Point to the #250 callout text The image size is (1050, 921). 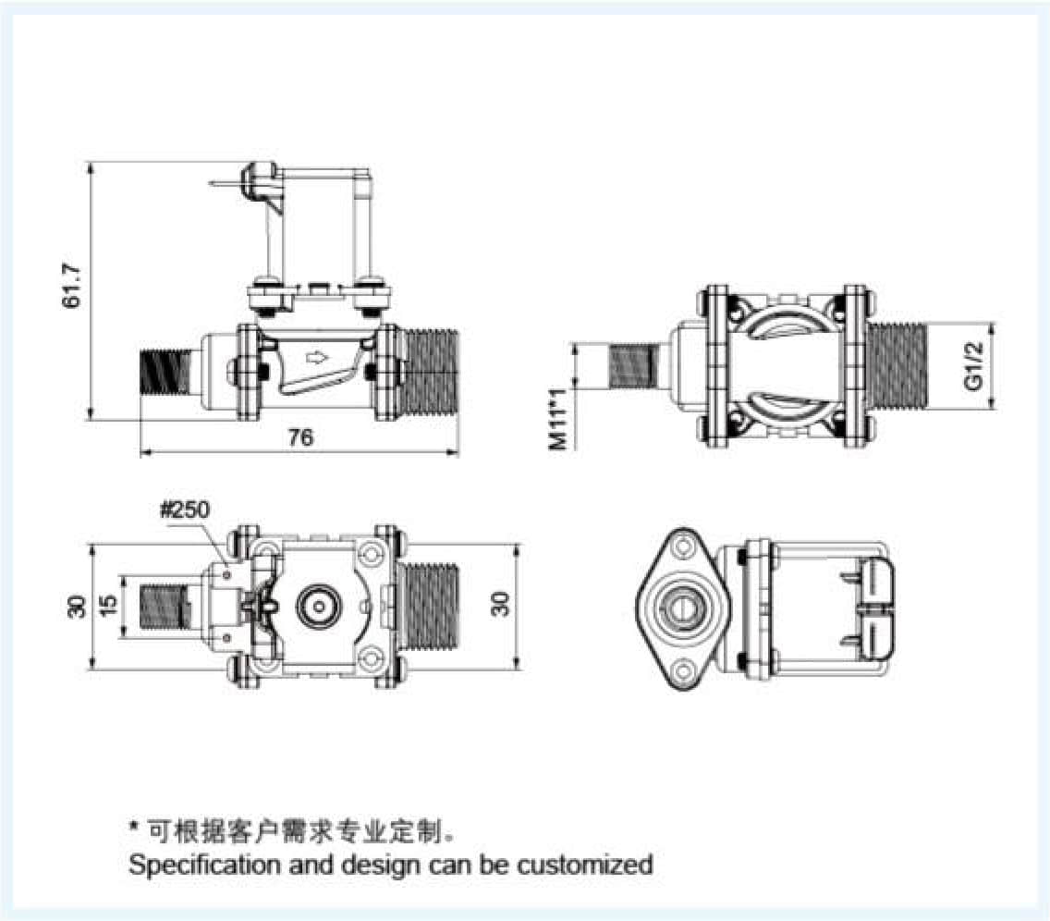point(185,510)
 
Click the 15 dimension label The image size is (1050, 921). point(108,606)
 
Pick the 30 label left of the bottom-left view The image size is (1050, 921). point(78,606)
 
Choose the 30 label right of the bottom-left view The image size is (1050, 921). point(500,606)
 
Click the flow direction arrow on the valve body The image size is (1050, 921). point(316,357)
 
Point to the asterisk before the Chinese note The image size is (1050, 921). point(134,829)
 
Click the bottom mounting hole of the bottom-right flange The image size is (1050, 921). point(685,670)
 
